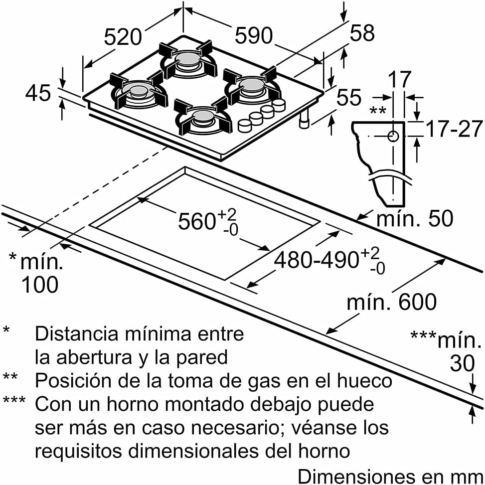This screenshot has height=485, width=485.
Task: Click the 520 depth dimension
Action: tap(123, 37)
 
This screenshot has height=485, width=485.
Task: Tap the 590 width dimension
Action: tap(254, 35)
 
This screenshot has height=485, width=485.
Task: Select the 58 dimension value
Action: tap(362, 32)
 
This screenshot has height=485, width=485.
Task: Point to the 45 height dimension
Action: tap(38, 93)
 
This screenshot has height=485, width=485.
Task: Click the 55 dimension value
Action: tap(349, 97)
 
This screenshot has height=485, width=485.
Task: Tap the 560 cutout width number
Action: tap(197, 221)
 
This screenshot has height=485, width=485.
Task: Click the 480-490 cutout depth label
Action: tap(317, 259)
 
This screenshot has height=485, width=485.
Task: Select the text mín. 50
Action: tap(415, 218)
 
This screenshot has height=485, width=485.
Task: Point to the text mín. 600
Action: tap(392, 302)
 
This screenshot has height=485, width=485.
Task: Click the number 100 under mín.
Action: tap(40, 284)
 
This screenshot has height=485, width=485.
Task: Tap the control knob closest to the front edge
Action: tap(245, 126)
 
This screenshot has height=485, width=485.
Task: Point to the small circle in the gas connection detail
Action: tap(393, 136)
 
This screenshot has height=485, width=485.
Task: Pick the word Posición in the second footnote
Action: tap(73, 380)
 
